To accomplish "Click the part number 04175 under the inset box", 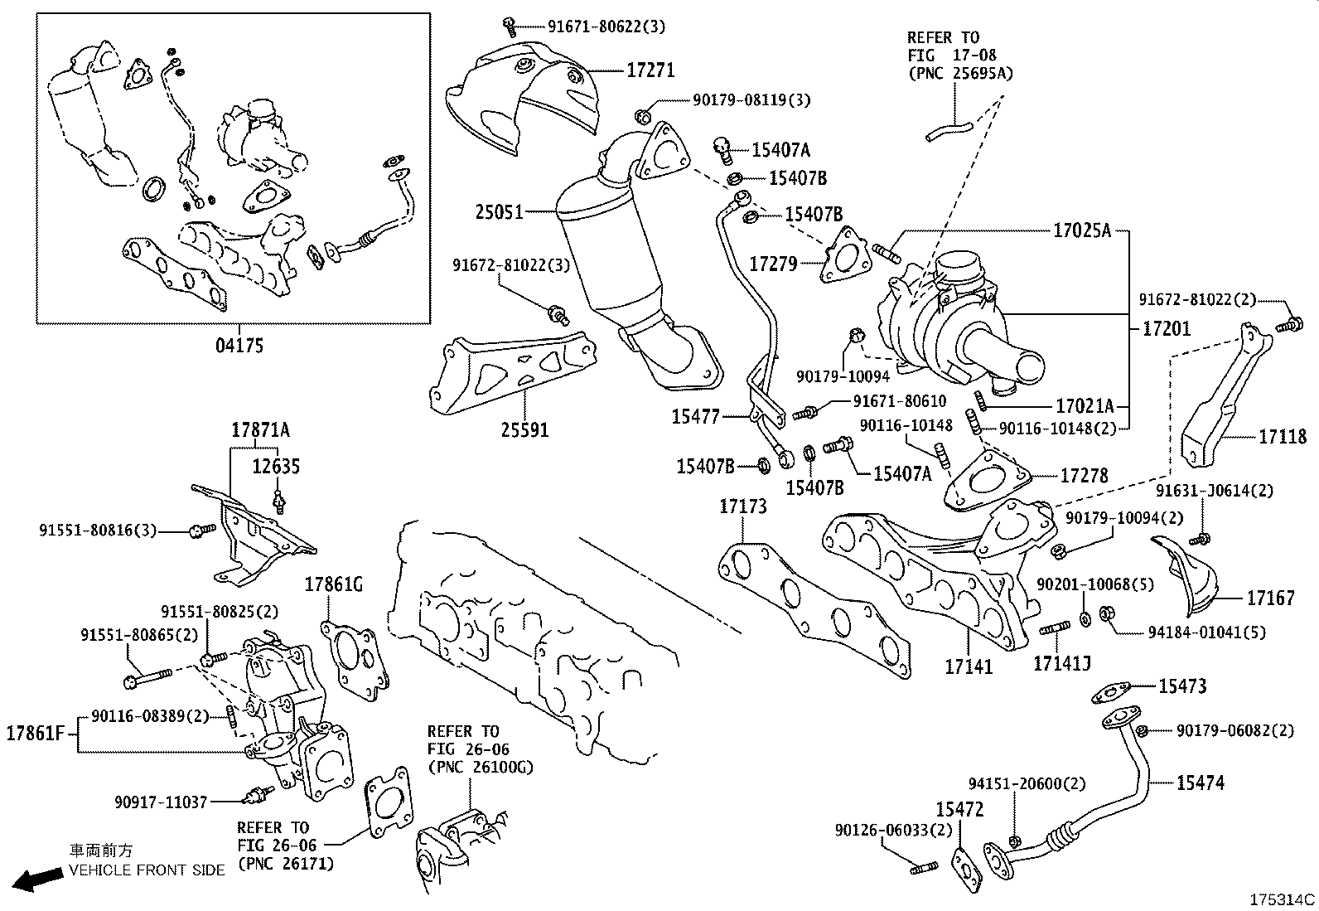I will pos(239,345).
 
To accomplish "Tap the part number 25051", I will pos(499,212).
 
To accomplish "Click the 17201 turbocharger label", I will pos(1166,329).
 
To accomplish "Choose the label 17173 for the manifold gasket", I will pos(742,506).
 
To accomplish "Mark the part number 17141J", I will pos(1061,663).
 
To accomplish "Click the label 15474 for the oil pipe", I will pos(1200,782).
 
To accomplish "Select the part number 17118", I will pos(1282,436).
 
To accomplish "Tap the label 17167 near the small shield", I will pos(1270,597).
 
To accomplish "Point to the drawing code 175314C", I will pos(1283,899).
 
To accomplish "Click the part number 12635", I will pos(276,466).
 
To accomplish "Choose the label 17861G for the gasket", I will pos(334,584).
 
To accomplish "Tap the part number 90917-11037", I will pos(161,802).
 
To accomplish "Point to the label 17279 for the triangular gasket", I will pos(773,264).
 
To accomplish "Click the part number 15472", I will pos(959,809).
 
